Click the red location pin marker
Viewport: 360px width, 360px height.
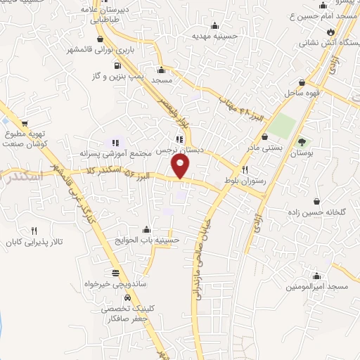click(x=181, y=166)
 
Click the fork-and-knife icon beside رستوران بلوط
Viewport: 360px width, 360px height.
click(x=245, y=169)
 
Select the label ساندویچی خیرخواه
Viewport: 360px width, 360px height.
click(x=116, y=286)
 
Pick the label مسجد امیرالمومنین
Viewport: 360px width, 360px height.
click(x=317, y=288)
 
